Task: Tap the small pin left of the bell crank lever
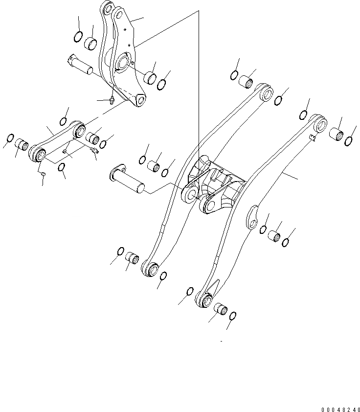click(80, 64)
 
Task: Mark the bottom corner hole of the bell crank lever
click(141, 101)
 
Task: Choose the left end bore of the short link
click(39, 155)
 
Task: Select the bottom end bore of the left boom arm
click(150, 269)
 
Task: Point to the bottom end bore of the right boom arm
click(204, 300)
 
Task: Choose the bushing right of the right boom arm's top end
click(337, 133)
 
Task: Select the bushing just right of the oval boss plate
click(275, 236)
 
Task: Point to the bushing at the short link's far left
click(22, 144)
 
